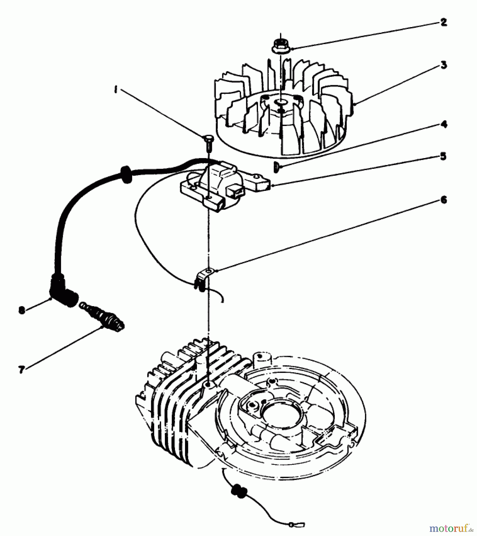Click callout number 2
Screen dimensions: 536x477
click(444, 22)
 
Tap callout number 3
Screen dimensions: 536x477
click(444, 65)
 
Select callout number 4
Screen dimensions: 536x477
click(444, 124)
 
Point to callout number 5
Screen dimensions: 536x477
click(443, 156)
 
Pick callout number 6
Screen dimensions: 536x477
click(443, 200)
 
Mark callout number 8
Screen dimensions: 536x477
click(21, 310)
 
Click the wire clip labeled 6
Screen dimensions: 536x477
click(203, 277)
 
